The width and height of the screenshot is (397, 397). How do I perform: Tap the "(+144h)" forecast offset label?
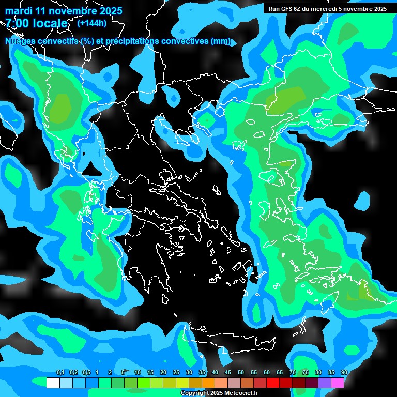tap(92, 23)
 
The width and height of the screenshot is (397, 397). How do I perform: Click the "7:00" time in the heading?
tap(17, 23)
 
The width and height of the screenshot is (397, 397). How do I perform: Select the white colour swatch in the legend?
tap(53, 383)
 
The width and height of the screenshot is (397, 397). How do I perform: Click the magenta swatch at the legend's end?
tap(338, 383)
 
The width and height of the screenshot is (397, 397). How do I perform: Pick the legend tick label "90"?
tap(344, 373)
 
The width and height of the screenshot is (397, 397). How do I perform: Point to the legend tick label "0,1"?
tap(60, 373)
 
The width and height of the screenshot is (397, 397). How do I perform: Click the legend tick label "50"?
tap(241, 373)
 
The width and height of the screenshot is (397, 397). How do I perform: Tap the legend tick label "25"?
tap(176, 373)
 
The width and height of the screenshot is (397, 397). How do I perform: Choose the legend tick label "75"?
tap(306, 373)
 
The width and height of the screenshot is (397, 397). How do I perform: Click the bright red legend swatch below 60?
tap(273, 383)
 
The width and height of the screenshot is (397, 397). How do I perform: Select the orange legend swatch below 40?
tap(208, 383)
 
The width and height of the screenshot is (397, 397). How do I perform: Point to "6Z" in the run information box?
tap(297, 9)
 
